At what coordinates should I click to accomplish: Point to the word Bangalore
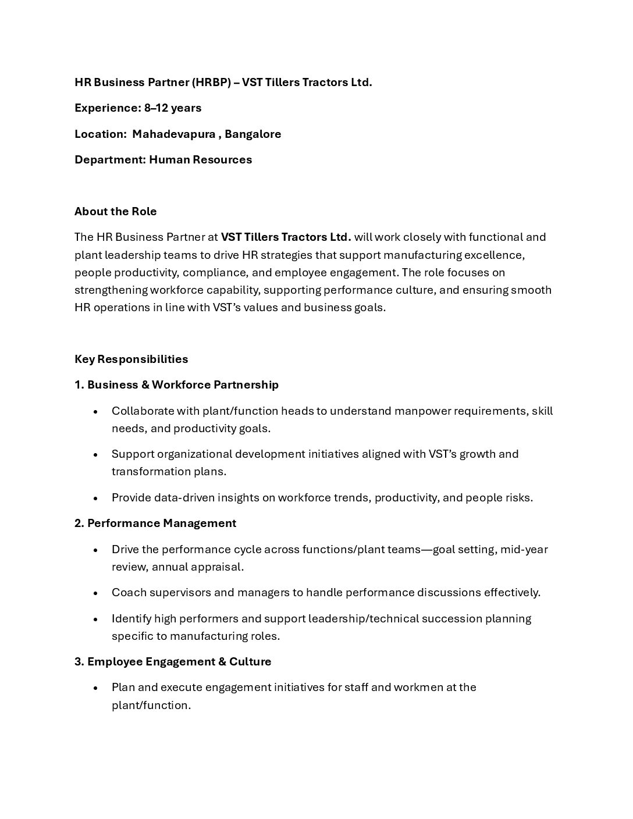(x=253, y=134)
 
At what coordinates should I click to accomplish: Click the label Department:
(x=110, y=160)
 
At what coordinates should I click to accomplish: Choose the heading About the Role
(x=116, y=212)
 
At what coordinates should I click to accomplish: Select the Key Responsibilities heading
(x=131, y=359)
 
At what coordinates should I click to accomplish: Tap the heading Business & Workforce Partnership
(x=183, y=385)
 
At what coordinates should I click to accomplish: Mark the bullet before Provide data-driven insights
(x=95, y=498)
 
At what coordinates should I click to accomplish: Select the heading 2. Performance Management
(x=155, y=524)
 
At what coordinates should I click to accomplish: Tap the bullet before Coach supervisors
(x=95, y=593)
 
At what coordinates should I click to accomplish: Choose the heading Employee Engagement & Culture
(x=179, y=662)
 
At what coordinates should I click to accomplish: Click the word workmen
(x=418, y=688)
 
